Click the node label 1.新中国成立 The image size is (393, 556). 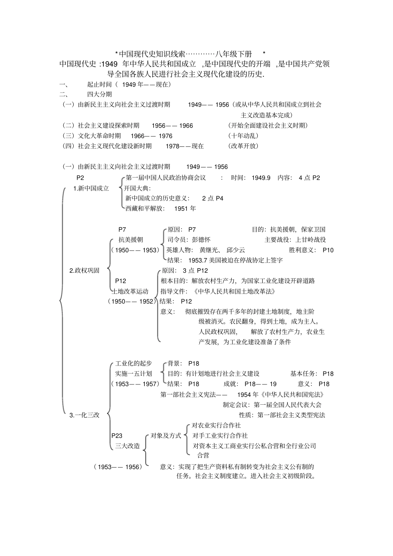(x=91, y=189)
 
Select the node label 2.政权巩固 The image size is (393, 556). (x=84, y=270)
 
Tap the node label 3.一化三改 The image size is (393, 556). (x=84, y=415)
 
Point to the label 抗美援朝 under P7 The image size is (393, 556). (x=131, y=240)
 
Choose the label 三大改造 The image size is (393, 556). (x=127, y=446)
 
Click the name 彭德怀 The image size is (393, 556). (x=201, y=240)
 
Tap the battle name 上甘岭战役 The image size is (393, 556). (x=311, y=240)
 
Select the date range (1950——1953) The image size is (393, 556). (x=135, y=250)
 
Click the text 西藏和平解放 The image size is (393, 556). (x=144, y=209)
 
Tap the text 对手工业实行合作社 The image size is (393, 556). (x=220, y=436)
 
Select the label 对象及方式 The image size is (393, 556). (x=165, y=436)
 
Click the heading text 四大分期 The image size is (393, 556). (x=99, y=94)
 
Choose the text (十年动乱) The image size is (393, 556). (x=243, y=136)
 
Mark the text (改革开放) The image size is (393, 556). (x=243, y=146)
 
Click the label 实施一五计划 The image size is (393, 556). (x=134, y=374)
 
